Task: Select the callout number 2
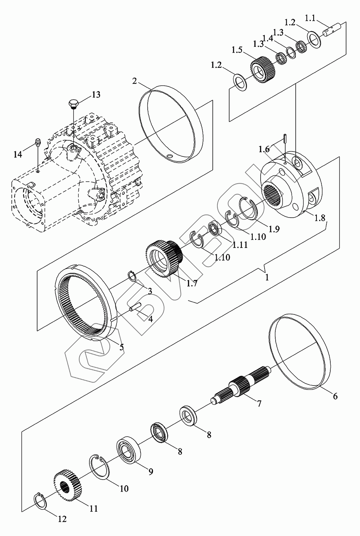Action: coord(134,81)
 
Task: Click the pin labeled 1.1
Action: coord(333,30)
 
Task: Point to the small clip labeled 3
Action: coord(132,277)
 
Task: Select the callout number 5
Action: coord(122,347)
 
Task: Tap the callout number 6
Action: coord(335,396)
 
